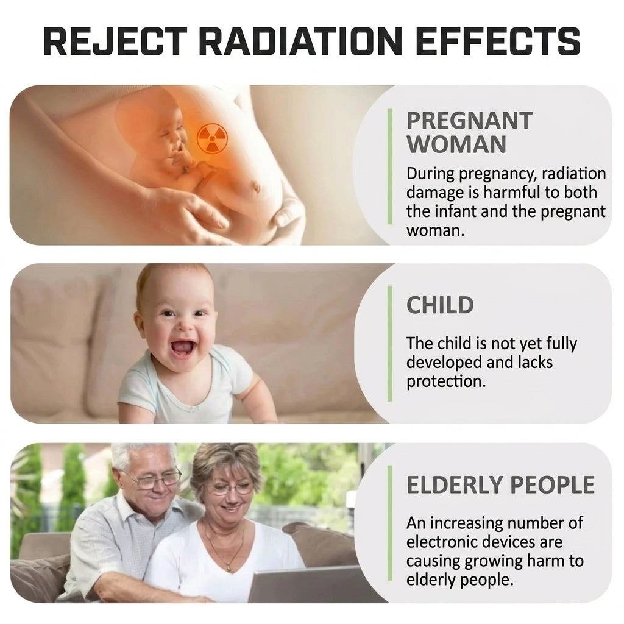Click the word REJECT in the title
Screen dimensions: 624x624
click(x=115, y=41)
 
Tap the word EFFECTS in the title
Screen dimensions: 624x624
click(x=497, y=41)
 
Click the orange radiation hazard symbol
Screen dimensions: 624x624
click(x=212, y=138)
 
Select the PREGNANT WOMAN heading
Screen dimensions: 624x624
click(x=469, y=132)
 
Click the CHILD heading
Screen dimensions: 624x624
click(x=440, y=305)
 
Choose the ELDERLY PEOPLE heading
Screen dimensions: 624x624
click(x=500, y=484)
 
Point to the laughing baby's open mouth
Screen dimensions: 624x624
click(x=183, y=348)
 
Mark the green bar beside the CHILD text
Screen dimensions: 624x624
click(x=389, y=343)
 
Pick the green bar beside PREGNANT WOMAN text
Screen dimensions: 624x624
click(x=389, y=166)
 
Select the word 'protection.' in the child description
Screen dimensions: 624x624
click(x=446, y=381)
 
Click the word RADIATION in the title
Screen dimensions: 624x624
click(x=300, y=41)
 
